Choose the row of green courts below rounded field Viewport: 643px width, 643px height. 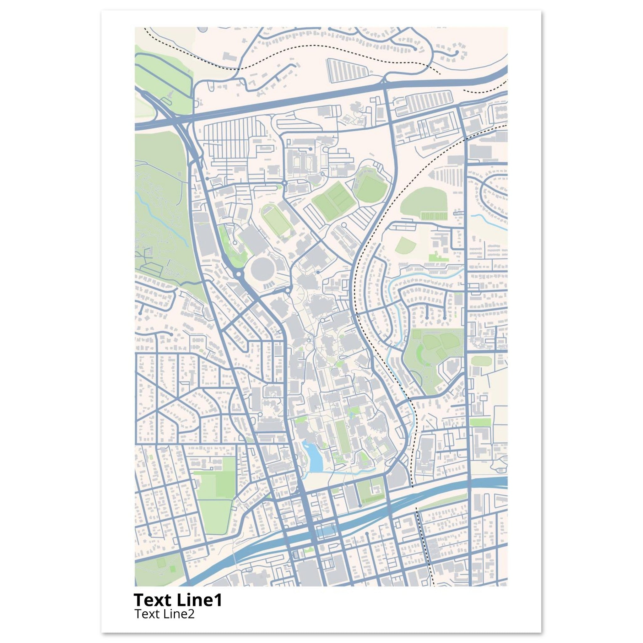pos(434,217)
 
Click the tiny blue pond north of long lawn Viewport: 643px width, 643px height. pos(350,414)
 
